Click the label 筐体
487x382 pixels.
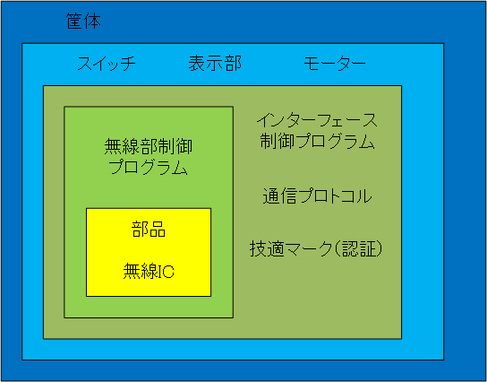[x=83, y=22]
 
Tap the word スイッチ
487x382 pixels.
[x=107, y=64]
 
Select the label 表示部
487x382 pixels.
[x=215, y=63]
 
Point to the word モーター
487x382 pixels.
[x=335, y=64]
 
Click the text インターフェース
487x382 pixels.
[x=317, y=121]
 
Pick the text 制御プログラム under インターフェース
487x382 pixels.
[x=317, y=142]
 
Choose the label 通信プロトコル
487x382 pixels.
[x=317, y=196]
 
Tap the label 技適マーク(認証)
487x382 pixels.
[x=315, y=249]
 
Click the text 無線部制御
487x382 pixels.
[x=149, y=147]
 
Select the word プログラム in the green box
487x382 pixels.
[x=148, y=168]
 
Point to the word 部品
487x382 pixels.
[x=149, y=230]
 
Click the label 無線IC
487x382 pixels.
[x=149, y=272]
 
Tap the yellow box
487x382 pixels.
[x=149, y=252]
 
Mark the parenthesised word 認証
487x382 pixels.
[x=359, y=249]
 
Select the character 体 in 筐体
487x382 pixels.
[x=92, y=22]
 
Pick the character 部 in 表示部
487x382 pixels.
[x=233, y=63]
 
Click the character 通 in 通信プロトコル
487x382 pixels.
[x=271, y=196]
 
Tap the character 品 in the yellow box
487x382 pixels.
[x=158, y=230]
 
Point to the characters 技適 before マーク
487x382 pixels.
[x=267, y=249]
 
